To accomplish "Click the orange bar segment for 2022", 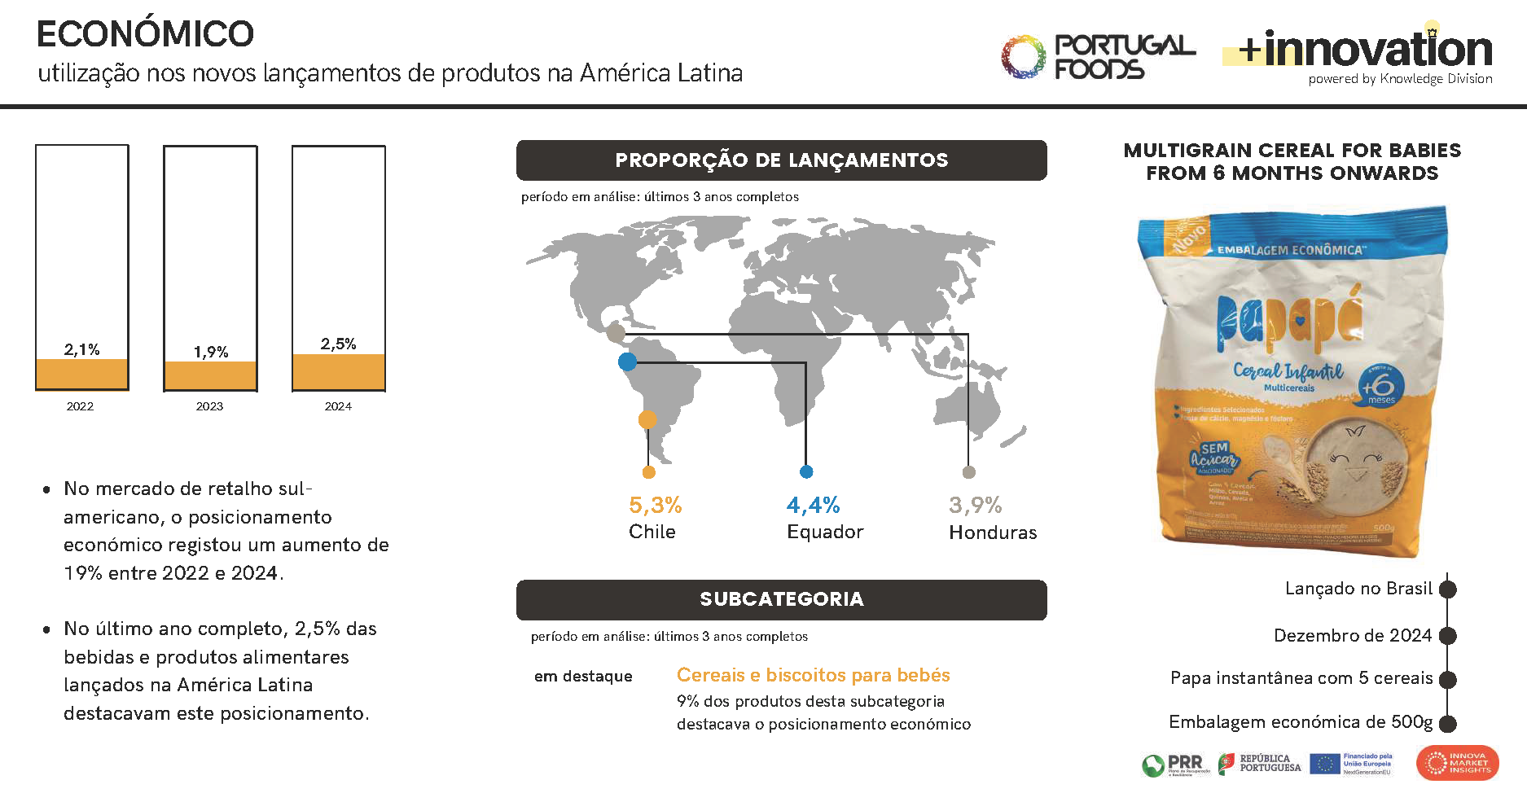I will coord(81,374).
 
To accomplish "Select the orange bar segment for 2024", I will coord(338,371).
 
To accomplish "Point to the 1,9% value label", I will coord(211,352).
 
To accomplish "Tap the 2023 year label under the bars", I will coord(209,406).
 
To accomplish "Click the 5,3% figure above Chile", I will coord(655,505).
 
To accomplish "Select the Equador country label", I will coord(824,532).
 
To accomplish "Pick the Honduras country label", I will coord(993,532).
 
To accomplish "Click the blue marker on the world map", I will coord(627,362).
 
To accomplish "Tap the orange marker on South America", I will coord(647,419).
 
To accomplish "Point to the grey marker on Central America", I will coord(616,332).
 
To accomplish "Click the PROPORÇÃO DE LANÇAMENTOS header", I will coord(781,160).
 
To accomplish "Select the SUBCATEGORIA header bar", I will coord(781,599).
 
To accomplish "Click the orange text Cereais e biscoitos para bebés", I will coord(813,675).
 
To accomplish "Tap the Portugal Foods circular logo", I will coord(1022,57).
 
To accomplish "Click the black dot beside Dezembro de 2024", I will coord(1447,636).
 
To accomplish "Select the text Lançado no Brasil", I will coord(1358,589).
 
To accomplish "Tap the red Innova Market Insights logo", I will coord(1457,764).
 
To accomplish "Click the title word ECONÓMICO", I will coord(146,34).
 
